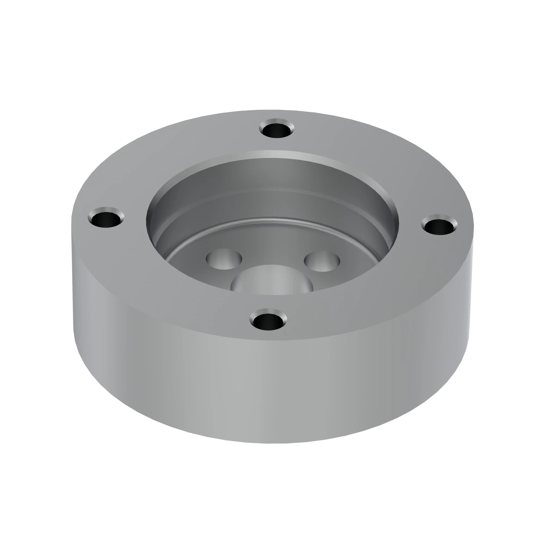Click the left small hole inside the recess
pos(224,259)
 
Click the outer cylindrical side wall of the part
pos(270,389)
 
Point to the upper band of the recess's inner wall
pos(270,175)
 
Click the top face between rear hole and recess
pos(274,144)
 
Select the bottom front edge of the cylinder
pos(270,443)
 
